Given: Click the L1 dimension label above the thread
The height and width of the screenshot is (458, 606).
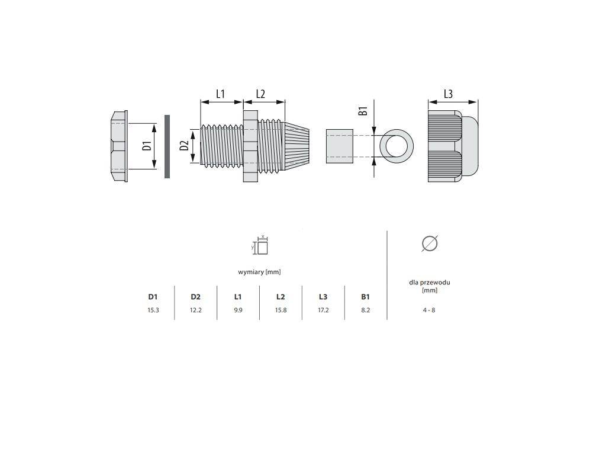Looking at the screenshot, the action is pyautogui.click(x=220, y=94).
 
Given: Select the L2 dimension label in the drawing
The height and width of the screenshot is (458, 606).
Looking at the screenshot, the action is pyautogui.click(x=260, y=94).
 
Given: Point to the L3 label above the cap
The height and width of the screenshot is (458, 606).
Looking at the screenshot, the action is pyautogui.click(x=448, y=94).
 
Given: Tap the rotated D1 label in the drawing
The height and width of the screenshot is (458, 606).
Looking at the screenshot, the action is pyautogui.click(x=146, y=146).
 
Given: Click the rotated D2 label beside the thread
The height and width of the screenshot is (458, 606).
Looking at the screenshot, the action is pyautogui.click(x=184, y=145).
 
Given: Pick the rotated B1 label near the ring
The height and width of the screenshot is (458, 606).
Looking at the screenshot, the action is pyautogui.click(x=363, y=111).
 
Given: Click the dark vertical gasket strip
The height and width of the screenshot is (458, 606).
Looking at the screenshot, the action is pyautogui.click(x=167, y=146).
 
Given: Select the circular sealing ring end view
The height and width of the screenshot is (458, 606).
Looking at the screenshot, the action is pyautogui.click(x=397, y=146).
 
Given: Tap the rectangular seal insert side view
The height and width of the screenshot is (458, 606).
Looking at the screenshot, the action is pyautogui.click(x=339, y=146).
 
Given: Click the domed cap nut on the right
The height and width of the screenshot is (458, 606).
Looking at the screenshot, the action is pyautogui.click(x=453, y=146).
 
